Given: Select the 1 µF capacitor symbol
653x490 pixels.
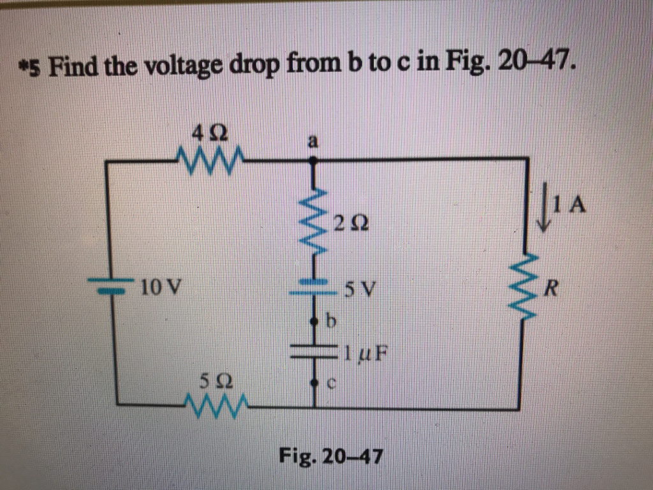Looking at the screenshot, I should [314, 350].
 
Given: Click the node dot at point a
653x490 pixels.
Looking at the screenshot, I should [313, 163].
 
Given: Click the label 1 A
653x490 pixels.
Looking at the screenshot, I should [569, 205].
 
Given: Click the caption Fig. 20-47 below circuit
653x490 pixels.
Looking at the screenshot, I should [330, 456].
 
